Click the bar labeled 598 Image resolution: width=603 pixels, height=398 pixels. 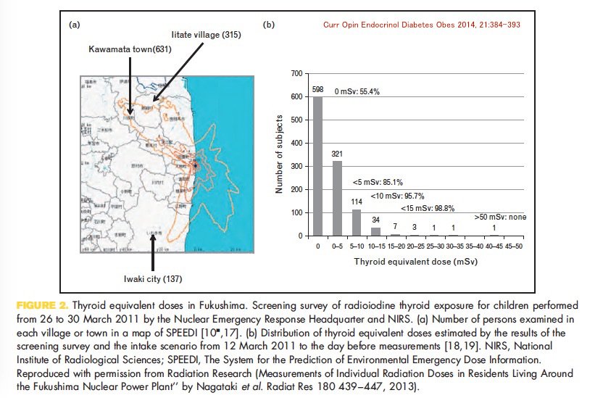click(x=317, y=166)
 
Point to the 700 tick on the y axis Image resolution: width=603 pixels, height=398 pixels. click(x=295, y=73)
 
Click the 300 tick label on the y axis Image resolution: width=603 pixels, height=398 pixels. click(x=295, y=166)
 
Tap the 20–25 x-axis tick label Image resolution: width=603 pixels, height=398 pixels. click(x=413, y=246)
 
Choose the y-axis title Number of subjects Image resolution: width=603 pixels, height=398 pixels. click(x=278, y=154)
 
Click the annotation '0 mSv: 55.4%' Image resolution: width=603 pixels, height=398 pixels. click(x=357, y=92)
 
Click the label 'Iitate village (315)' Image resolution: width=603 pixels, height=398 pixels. click(x=205, y=35)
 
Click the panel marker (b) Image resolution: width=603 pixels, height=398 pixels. click(x=268, y=25)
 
